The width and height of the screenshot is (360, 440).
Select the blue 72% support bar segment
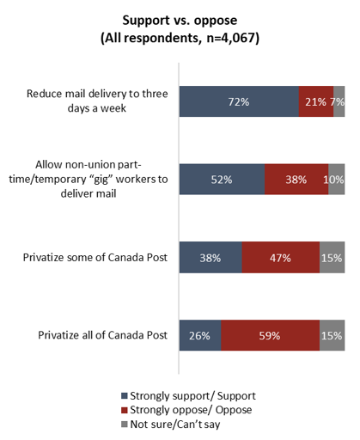[238, 101]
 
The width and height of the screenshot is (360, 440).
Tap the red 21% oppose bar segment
[315, 101]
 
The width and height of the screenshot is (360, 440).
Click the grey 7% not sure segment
[339, 101]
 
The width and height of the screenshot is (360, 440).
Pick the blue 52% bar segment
[222, 180]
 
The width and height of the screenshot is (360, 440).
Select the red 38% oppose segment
[296, 180]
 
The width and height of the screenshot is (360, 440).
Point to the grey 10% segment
[337, 180]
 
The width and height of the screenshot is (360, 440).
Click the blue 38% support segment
[211, 257]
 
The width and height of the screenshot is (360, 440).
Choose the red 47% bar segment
[281, 257]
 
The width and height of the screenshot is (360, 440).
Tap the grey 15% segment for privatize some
[333, 257]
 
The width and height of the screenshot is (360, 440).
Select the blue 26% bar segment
[200, 335]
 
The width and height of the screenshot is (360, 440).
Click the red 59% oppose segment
[271, 335]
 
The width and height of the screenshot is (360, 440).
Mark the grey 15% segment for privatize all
[333, 335]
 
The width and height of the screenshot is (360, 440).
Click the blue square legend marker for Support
[125, 396]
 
